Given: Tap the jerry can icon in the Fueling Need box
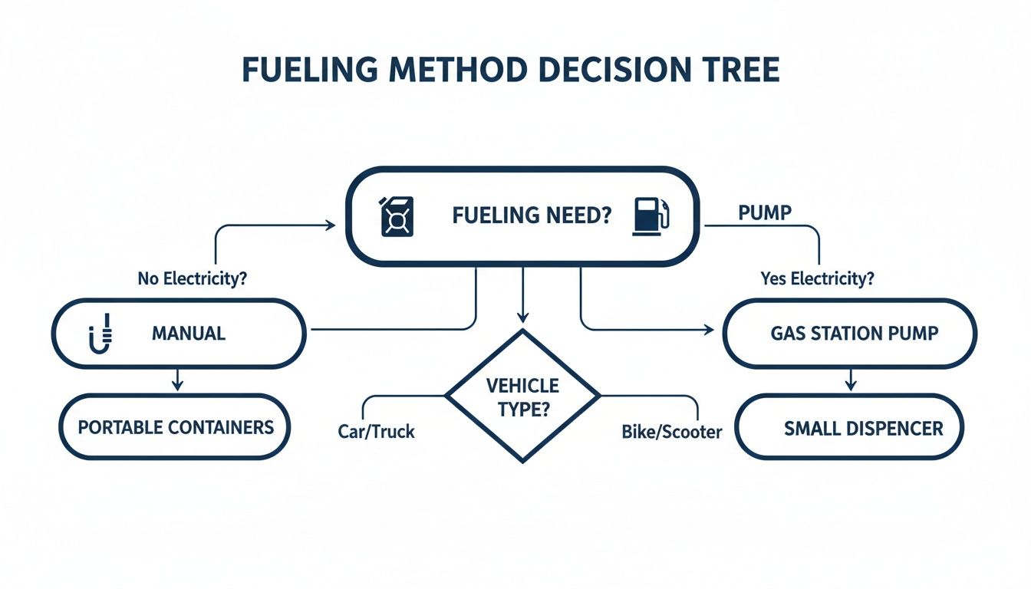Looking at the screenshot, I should [x=397, y=216].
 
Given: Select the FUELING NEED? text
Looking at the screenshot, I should [x=532, y=216].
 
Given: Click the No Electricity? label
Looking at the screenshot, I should [x=192, y=279].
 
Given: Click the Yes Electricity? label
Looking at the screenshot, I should [x=817, y=279].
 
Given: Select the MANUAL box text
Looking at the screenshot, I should [x=189, y=334].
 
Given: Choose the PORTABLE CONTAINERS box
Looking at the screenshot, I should [x=176, y=426].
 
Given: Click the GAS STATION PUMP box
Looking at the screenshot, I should [x=849, y=334].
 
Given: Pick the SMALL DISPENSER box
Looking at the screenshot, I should [x=849, y=428].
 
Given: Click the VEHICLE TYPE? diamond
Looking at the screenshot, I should [x=522, y=396].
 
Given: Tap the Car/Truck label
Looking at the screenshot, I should [x=376, y=432].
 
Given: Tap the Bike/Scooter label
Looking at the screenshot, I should [x=671, y=433].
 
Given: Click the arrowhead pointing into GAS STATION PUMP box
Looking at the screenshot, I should [x=708, y=330].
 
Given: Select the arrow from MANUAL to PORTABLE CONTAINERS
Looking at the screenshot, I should [x=178, y=380].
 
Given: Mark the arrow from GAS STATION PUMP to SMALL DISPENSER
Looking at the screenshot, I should [x=849, y=380].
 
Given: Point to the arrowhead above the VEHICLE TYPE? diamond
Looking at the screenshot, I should [x=522, y=316].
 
